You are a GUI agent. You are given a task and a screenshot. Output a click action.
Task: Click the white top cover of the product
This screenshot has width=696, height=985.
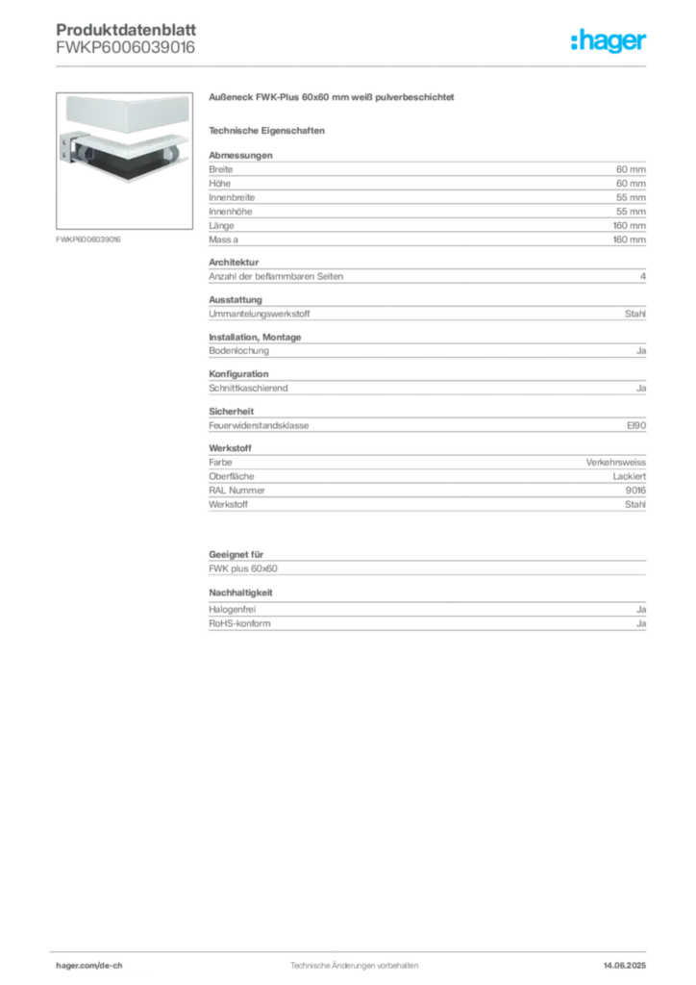[125, 114]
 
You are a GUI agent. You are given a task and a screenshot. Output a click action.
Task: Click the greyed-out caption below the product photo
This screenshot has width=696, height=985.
[88, 239]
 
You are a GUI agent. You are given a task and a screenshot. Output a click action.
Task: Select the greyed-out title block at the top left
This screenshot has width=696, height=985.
[127, 38]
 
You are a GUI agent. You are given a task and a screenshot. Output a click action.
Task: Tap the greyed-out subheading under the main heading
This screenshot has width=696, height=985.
[270, 130]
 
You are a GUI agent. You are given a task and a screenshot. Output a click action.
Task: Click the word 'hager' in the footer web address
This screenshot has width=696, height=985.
[70, 964]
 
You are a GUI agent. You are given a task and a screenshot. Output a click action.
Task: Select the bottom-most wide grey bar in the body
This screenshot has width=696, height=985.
[427, 623]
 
